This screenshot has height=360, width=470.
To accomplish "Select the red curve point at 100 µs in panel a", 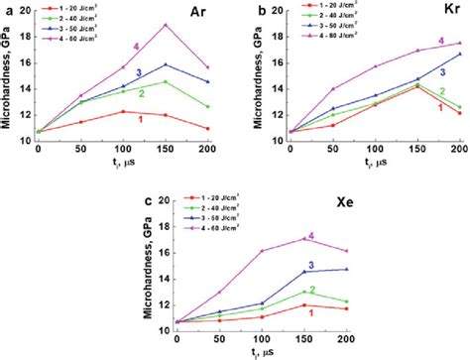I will [123, 111].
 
